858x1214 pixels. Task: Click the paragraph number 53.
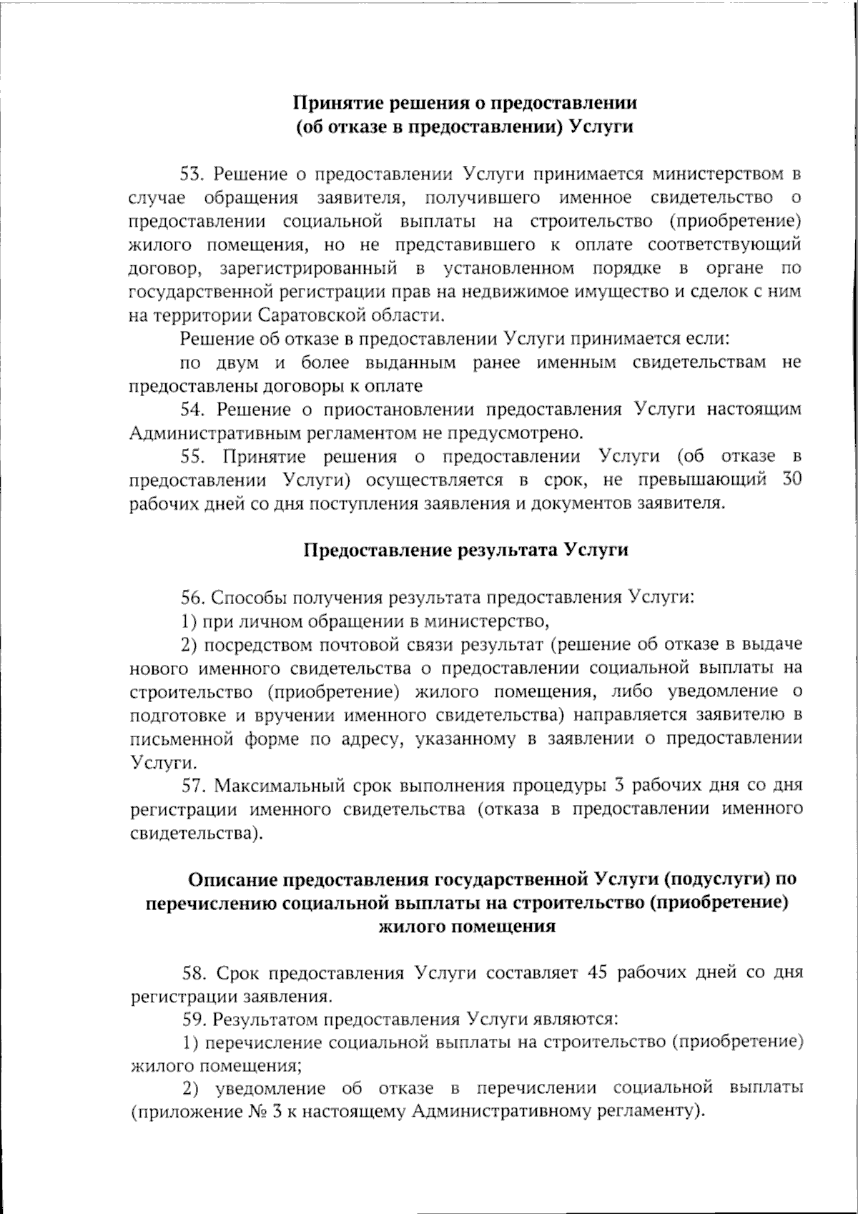192,174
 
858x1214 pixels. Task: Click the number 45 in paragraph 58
596,973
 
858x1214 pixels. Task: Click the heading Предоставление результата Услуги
466,551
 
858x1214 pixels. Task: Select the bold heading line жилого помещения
466,927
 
